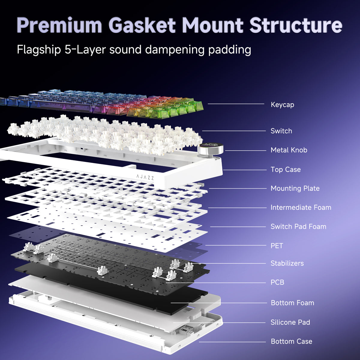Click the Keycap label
pos(282,105)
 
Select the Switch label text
pos(281,131)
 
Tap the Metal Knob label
pos(289,150)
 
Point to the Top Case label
pos(286,169)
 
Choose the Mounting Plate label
pos(295,188)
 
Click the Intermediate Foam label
pos(301,207)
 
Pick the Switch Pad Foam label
pos(298,226)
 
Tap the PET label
pos(277,246)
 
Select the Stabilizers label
pos(287,263)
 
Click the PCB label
pos(277,282)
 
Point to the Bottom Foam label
pos(292,303)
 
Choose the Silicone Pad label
pos(290,322)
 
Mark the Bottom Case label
pos(291,341)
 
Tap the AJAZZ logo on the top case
pos(145,177)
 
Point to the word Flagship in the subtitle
pos(39,49)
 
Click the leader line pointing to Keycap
pos(236,104)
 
